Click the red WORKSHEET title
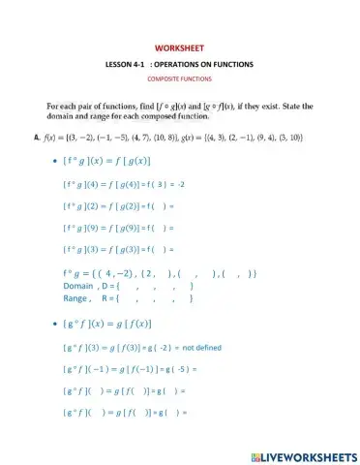[180, 47]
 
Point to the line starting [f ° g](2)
[117, 205]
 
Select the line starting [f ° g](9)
[117, 228]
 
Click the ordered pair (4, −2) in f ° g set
[127, 274]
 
